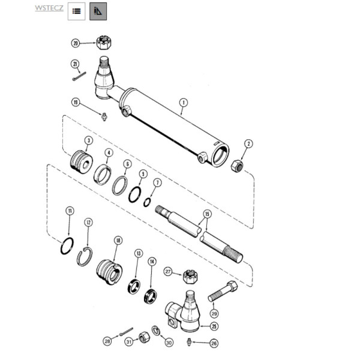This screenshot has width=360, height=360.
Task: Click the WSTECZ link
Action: tap(49, 8)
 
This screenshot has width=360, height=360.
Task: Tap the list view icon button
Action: tap(76, 11)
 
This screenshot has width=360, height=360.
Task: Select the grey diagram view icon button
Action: tap(98, 11)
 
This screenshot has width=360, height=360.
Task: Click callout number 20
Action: tap(75, 43)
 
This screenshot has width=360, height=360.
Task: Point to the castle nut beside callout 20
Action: tap(105, 43)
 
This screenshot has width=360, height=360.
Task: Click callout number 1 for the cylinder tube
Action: tap(183, 103)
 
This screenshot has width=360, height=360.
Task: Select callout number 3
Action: tap(88, 140)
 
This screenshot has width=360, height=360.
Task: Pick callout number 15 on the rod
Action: tap(207, 213)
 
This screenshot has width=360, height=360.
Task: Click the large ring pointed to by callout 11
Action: tap(69, 246)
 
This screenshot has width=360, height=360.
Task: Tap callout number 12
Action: tap(88, 223)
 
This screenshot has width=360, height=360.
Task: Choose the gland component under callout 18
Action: tap(110, 269)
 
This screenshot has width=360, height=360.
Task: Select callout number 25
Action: tap(212, 326)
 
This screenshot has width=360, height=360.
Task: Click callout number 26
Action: tap(214, 343)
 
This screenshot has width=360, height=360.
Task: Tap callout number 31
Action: tap(128, 341)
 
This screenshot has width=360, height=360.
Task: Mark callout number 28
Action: tap(107, 341)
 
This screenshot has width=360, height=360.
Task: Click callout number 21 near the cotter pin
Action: tap(75, 64)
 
